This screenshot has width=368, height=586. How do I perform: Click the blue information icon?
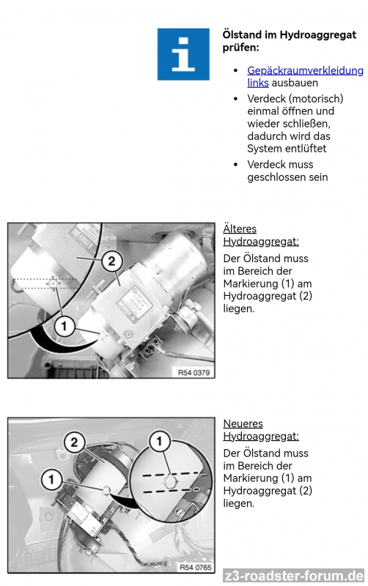(183, 54)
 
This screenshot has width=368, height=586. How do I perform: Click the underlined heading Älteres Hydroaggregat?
(261, 235)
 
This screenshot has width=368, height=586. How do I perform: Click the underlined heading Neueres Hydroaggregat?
(261, 430)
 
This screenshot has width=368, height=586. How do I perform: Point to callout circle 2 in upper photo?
(111, 261)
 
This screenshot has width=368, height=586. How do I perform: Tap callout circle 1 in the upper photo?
(64, 326)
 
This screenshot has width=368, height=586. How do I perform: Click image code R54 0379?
(194, 373)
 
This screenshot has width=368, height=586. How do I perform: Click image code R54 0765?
(195, 567)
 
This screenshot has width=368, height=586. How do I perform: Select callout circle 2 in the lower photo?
(74, 442)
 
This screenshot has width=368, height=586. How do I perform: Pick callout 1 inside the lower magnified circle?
(159, 441)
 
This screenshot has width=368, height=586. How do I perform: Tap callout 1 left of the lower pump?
(51, 480)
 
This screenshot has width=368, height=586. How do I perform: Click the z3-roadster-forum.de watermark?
(293, 576)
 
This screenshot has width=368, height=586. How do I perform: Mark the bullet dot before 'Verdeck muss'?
(235, 164)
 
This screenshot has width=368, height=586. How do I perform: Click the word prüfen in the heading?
(241, 48)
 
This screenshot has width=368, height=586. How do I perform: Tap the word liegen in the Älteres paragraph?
(238, 309)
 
